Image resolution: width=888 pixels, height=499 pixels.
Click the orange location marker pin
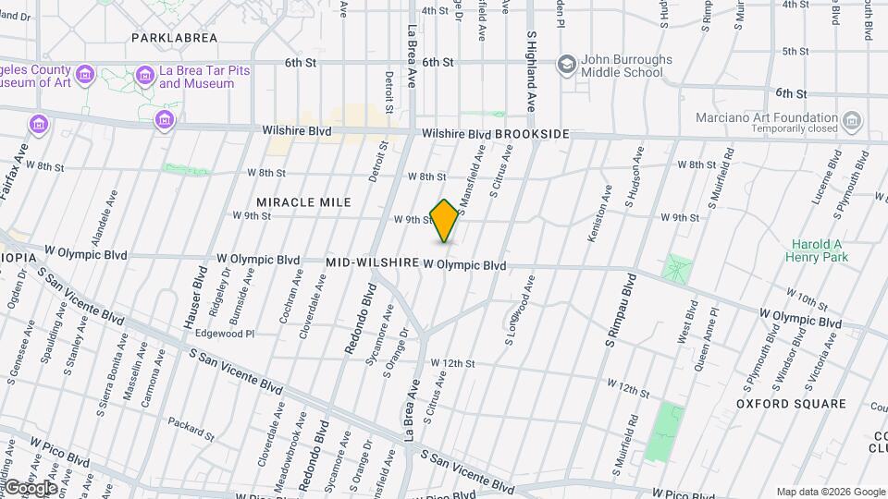445,221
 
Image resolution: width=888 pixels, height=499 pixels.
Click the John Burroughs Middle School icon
565,65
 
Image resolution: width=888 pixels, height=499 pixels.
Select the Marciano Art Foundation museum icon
852,120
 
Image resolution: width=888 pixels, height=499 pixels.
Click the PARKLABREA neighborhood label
174,38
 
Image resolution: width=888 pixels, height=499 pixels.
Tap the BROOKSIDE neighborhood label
532,134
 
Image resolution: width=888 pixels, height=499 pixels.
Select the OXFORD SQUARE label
791,404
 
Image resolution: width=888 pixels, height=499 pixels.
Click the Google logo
30,487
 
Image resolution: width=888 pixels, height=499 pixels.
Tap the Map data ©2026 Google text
830,492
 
